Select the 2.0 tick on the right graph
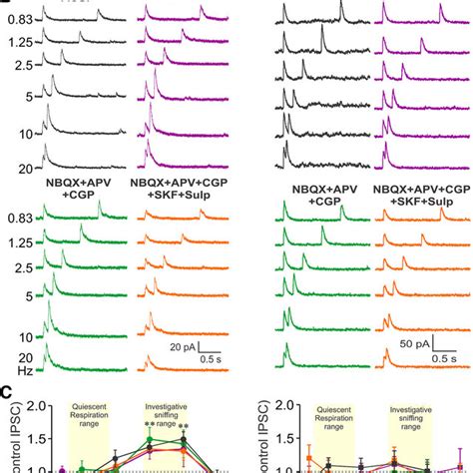coord(289,406)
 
